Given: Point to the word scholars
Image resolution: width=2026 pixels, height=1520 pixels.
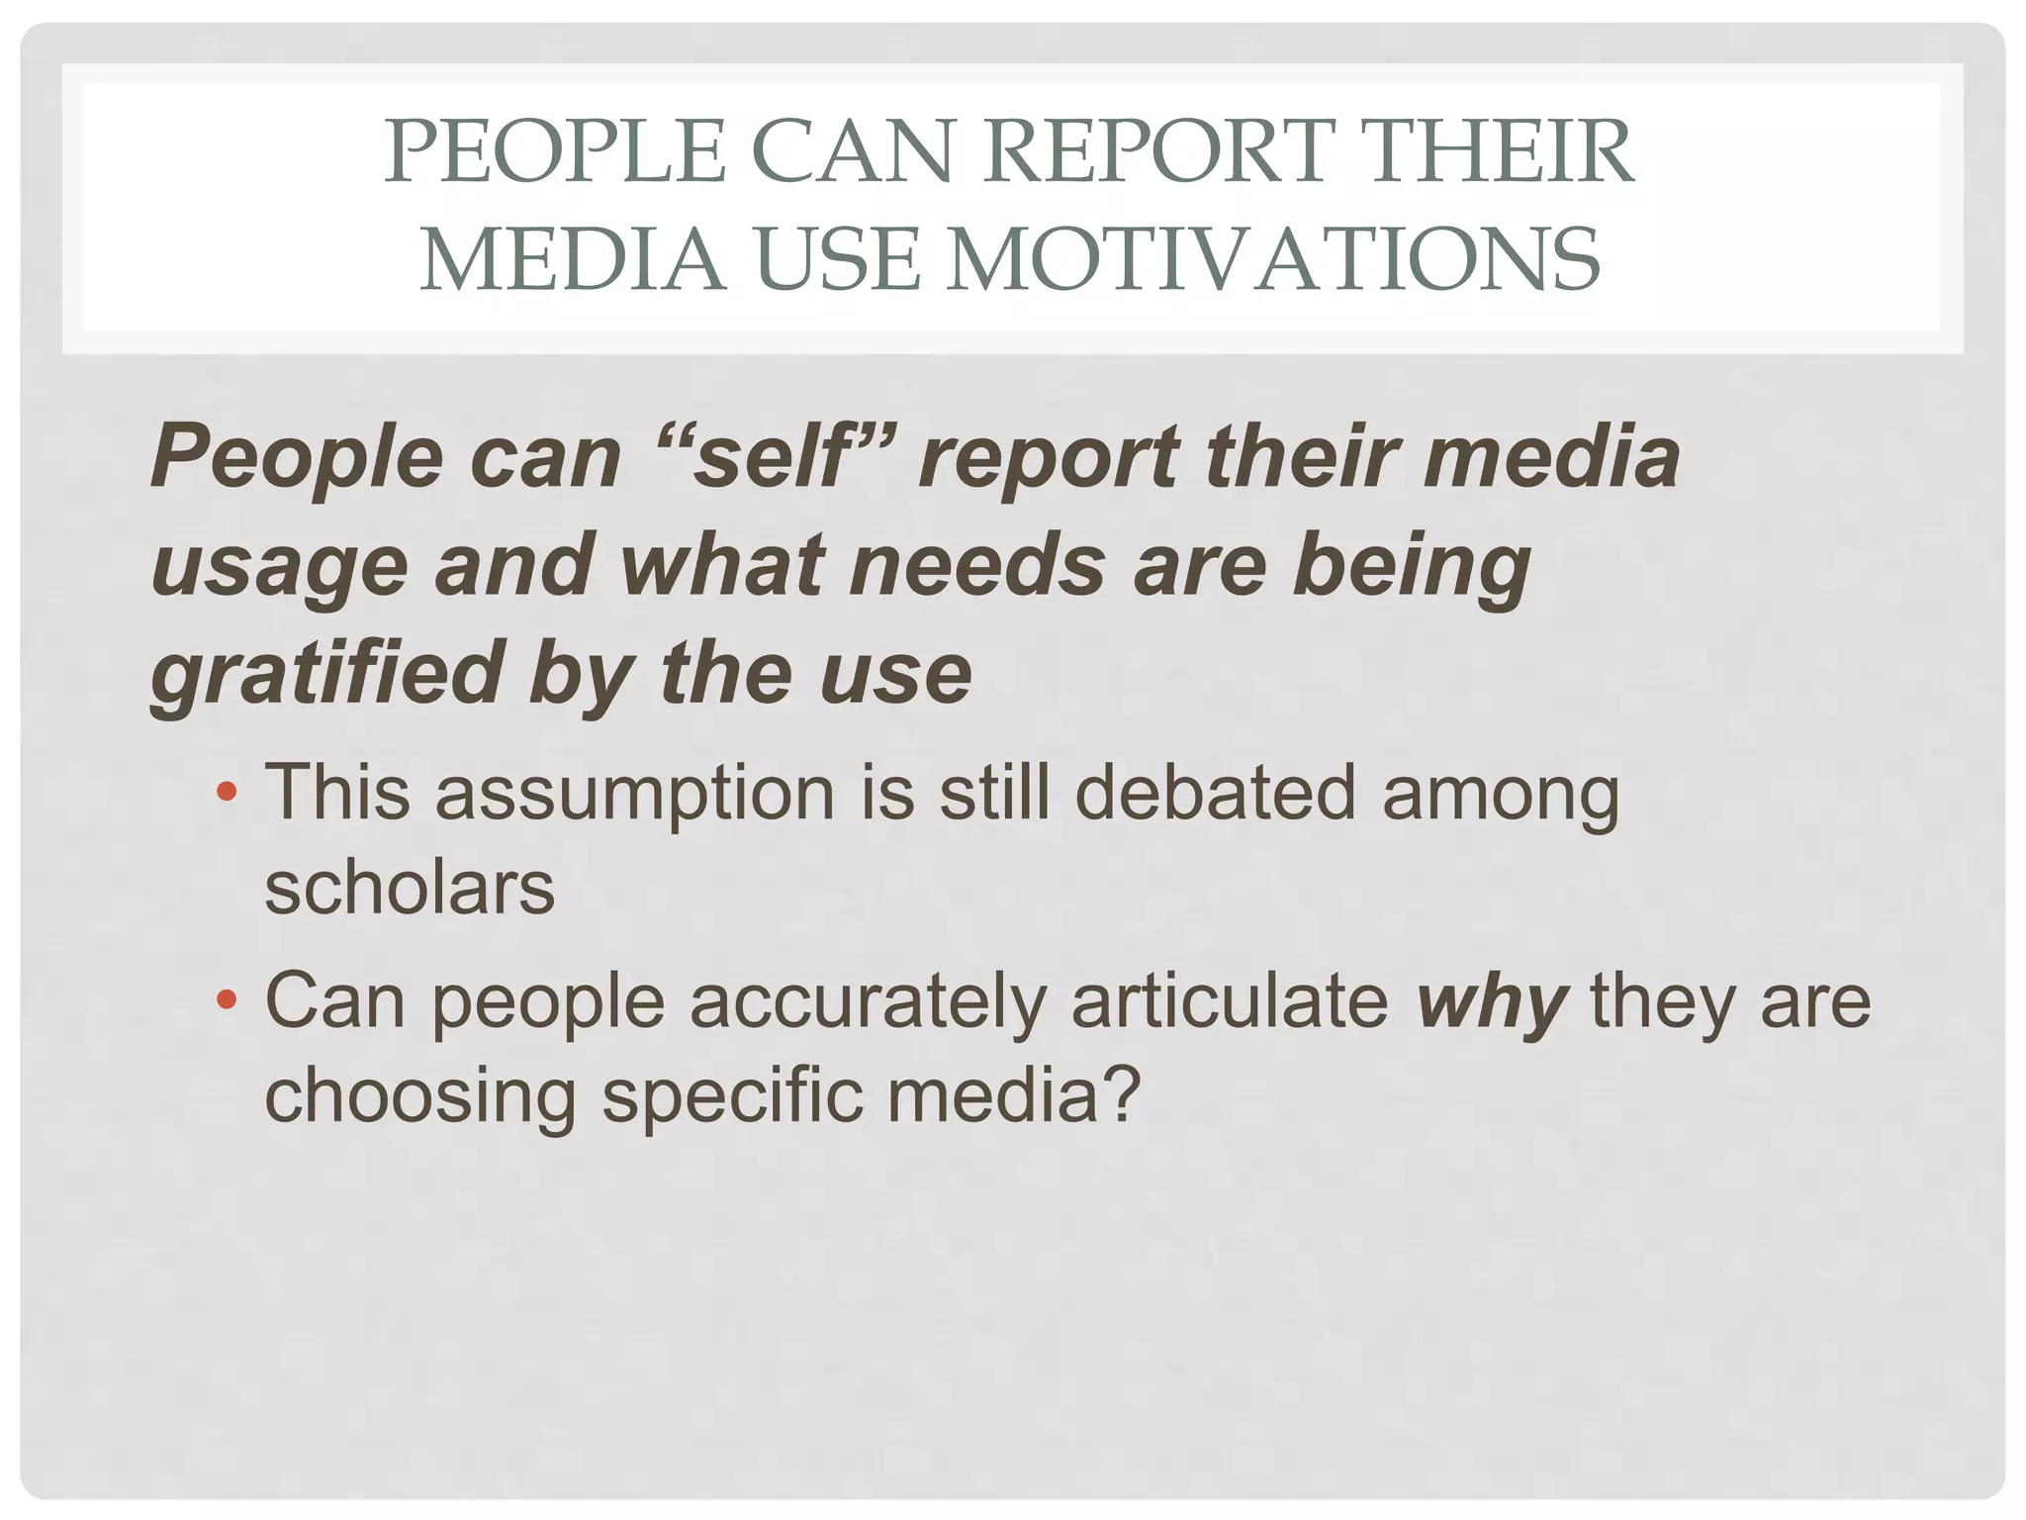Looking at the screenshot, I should [x=410, y=887].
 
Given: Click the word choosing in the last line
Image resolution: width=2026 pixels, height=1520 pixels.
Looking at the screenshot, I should [x=420, y=1099].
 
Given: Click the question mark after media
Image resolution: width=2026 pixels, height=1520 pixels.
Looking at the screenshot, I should [x=1123, y=1093].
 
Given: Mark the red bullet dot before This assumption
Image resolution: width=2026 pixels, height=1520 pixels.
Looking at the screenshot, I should [x=227, y=792].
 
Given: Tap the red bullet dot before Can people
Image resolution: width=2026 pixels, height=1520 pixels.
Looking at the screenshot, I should [x=227, y=999].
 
